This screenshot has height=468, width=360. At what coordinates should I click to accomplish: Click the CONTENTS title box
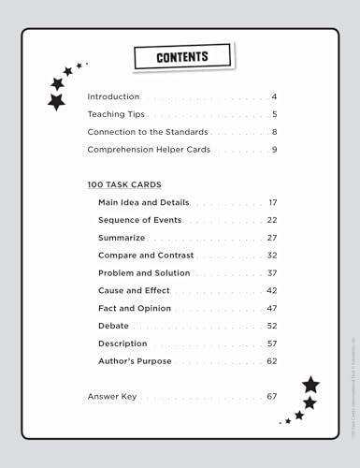click(x=181, y=58)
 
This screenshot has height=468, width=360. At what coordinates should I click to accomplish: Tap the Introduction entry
click(x=113, y=96)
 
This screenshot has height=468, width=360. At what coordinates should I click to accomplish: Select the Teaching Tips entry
click(x=116, y=114)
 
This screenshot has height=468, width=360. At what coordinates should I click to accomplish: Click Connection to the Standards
click(x=148, y=132)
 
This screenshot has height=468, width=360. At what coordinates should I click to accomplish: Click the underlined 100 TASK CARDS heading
click(x=124, y=184)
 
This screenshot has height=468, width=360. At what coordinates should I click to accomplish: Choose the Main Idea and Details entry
click(x=143, y=202)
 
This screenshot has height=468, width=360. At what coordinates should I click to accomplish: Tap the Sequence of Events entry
click(x=139, y=220)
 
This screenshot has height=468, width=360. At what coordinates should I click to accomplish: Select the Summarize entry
click(x=122, y=238)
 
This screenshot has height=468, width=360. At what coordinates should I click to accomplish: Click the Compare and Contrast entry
click(x=146, y=255)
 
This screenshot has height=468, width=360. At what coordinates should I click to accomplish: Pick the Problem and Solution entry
click(x=144, y=272)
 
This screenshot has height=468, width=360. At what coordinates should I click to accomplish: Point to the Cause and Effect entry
click(x=134, y=290)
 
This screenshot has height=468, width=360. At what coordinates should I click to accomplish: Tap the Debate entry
click(x=113, y=326)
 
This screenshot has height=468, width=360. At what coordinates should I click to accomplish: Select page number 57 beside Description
click(x=272, y=344)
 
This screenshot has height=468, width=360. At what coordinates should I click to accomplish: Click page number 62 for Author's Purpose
click(x=272, y=361)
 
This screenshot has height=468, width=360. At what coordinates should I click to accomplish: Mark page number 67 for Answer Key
click(x=272, y=396)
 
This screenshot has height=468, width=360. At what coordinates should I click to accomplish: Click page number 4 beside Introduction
click(x=275, y=96)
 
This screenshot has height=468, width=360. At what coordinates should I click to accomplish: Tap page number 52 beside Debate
click(x=272, y=326)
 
